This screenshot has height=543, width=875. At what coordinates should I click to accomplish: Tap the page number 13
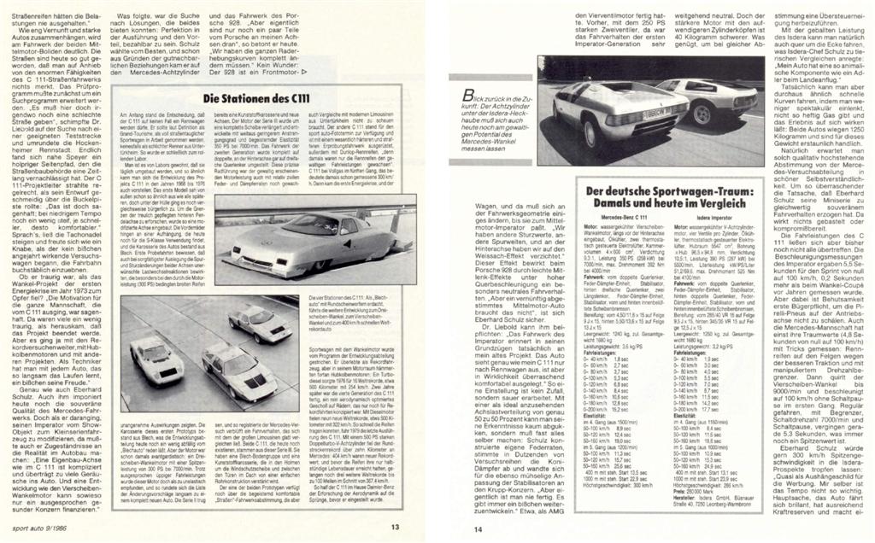396,527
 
